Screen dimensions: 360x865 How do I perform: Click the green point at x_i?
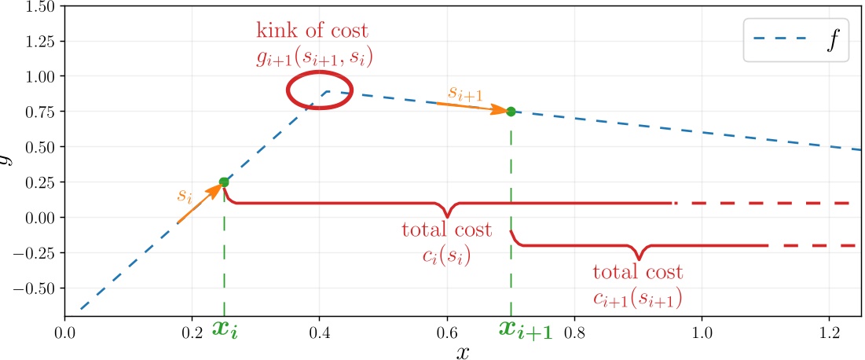click(x=224, y=182)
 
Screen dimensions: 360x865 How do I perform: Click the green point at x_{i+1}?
click(x=511, y=112)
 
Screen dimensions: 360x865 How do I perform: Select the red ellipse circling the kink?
click(x=319, y=90)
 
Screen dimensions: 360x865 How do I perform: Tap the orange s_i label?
click(x=185, y=194)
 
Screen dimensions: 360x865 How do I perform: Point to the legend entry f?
click(x=830, y=42)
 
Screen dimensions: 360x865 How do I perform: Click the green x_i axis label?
click(x=225, y=329)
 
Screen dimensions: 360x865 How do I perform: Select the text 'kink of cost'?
click(x=311, y=31)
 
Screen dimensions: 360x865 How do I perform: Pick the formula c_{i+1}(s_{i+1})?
click(x=637, y=298)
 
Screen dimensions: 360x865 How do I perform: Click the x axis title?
click(x=464, y=351)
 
